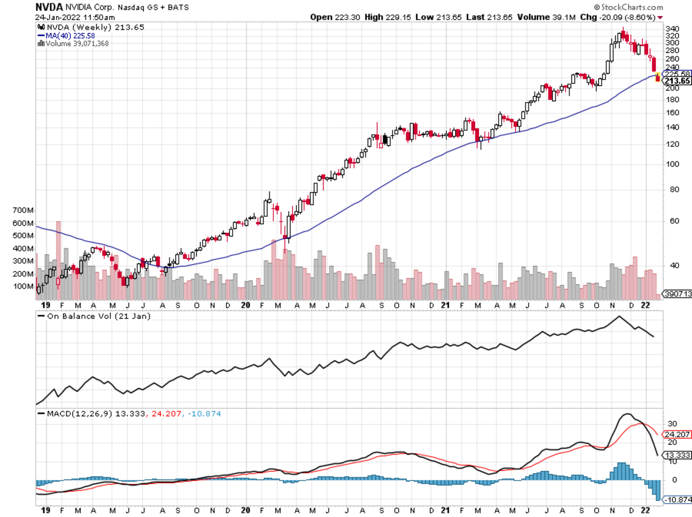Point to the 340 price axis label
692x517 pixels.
click(x=672, y=28)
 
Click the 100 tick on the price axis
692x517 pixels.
click(x=672, y=164)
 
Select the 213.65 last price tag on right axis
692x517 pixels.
click(x=677, y=81)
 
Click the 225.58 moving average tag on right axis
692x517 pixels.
click(x=677, y=74)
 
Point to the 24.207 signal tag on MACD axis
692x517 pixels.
click(x=677, y=433)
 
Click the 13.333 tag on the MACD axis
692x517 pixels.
click(x=677, y=455)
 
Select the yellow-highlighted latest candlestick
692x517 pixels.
click(x=658, y=77)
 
